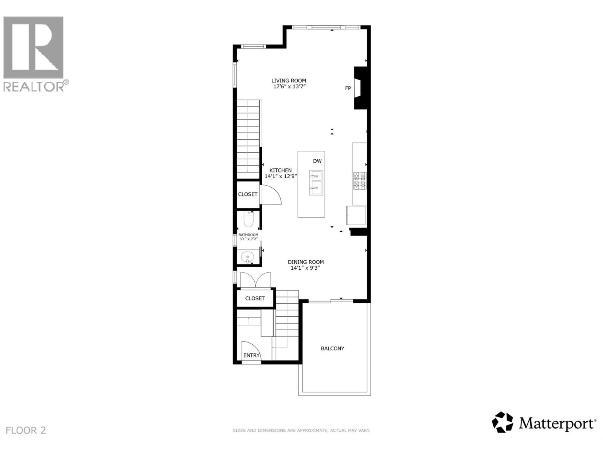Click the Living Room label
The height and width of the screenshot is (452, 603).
[x=289, y=81]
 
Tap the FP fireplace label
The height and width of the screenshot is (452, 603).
[x=348, y=89]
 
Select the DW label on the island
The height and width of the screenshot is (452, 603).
[x=317, y=161]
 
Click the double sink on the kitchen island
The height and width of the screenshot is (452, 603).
[x=316, y=182]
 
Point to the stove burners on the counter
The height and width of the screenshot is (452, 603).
[x=359, y=180]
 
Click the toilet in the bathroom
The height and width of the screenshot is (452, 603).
[x=248, y=220]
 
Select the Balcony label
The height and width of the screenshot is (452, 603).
[x=332, y=348]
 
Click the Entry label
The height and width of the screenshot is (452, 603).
[x=251, y=355]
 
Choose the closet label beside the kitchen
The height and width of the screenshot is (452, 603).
[x=248, y=194]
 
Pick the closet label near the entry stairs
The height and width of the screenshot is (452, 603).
[x=255, y=298]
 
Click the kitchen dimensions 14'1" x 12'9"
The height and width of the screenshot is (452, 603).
[x=281, y=176]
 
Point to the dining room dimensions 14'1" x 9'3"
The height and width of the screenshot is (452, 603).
[x=305, y=268]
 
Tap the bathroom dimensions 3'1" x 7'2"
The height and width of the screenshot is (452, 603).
[x=248, y=239]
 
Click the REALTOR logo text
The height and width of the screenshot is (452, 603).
[x=36, y=86]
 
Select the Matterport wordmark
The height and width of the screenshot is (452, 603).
[x=557, y=424]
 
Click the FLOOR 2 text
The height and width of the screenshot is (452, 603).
[x=26, y=430]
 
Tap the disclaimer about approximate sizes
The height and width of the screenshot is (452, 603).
[x=301, y=430]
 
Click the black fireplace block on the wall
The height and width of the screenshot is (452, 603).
[x=359, y=88]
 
